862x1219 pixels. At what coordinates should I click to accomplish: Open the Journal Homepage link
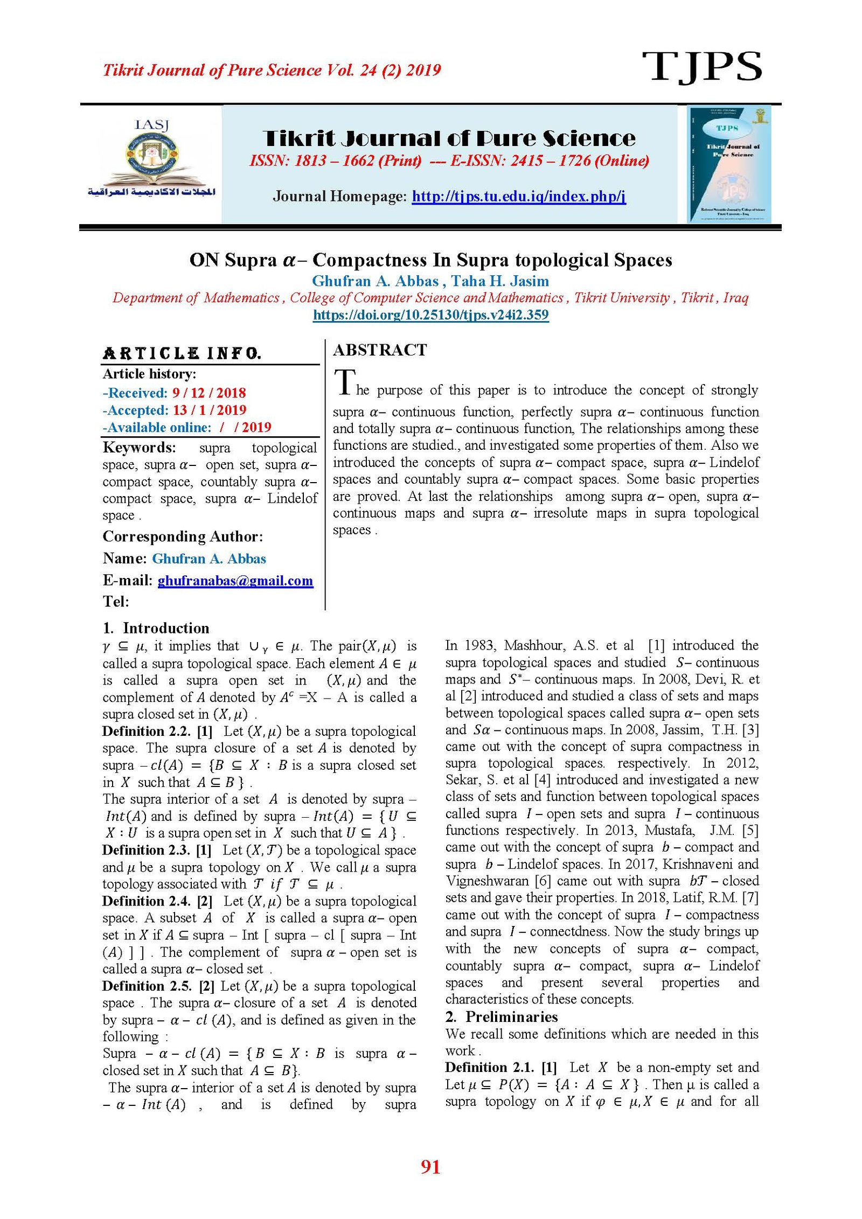coord(518,196)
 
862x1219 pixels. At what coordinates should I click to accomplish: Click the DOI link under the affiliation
coord(430,315)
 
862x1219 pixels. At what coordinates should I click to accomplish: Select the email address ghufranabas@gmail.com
coord(235,581)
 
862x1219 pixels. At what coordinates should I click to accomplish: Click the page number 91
coord(430,1166)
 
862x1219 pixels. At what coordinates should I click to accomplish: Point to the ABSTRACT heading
coord(380,350)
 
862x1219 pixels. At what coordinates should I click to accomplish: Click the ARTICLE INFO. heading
coord(182,353)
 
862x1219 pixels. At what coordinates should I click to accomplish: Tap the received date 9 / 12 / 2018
coord(209,393)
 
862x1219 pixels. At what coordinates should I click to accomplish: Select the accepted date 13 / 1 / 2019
coord(210,410)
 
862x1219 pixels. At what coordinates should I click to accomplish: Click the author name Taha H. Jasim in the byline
coord(500,281)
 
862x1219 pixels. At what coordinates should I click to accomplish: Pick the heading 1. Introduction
coord(156,628)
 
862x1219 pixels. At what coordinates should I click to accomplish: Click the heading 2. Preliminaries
coord(501,1016)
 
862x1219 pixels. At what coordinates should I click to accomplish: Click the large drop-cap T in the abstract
coord(345,383)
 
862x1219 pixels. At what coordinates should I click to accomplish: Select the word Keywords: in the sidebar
coord(139,448)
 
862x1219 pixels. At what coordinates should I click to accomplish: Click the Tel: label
coord(116,602)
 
